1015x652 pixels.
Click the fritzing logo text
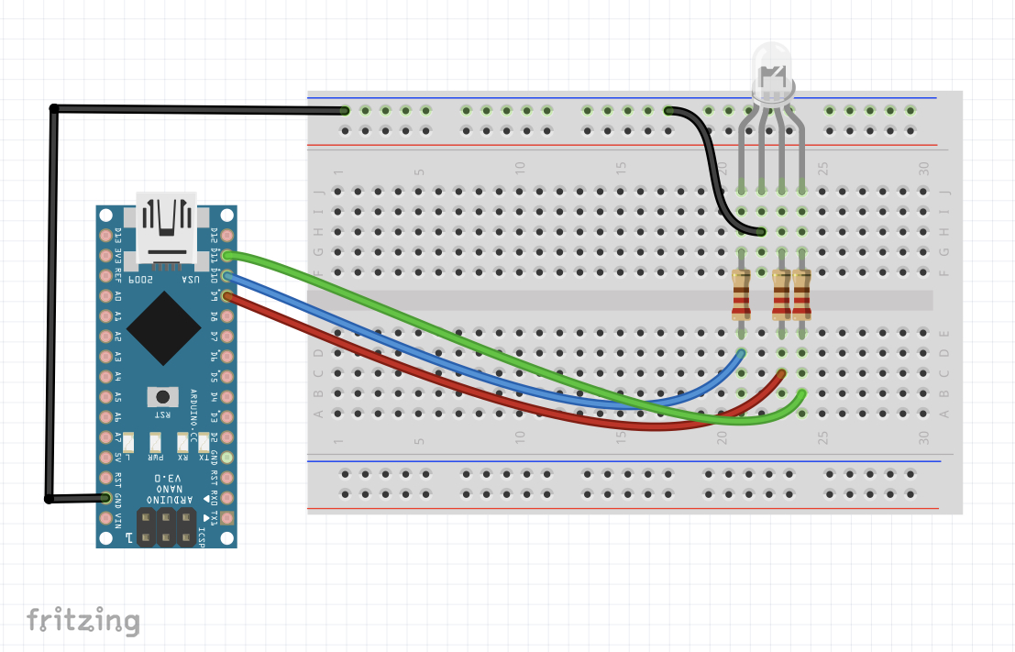pos(83,621)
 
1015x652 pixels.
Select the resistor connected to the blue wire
pos(742,293)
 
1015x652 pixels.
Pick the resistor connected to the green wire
pos(802,293)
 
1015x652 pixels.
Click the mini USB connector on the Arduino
pos(166,226)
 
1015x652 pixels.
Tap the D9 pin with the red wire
pos(226,295)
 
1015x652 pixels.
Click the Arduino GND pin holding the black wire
pos(106,498)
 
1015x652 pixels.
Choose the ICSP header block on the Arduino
pos(166,527)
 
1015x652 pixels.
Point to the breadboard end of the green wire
pos(802,393)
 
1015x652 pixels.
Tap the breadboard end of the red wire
pos(782,373)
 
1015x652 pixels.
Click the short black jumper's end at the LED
pos(762,232)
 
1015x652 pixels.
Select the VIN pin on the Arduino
pos(106,518)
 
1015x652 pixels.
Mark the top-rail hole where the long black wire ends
pos(345,110)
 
